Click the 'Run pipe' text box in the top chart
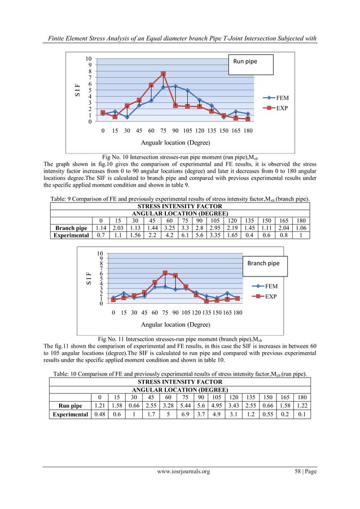click(x=250, y=64)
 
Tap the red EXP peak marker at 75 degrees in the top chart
click(x=163, y=74)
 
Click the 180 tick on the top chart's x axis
click(x=248, y=130)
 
